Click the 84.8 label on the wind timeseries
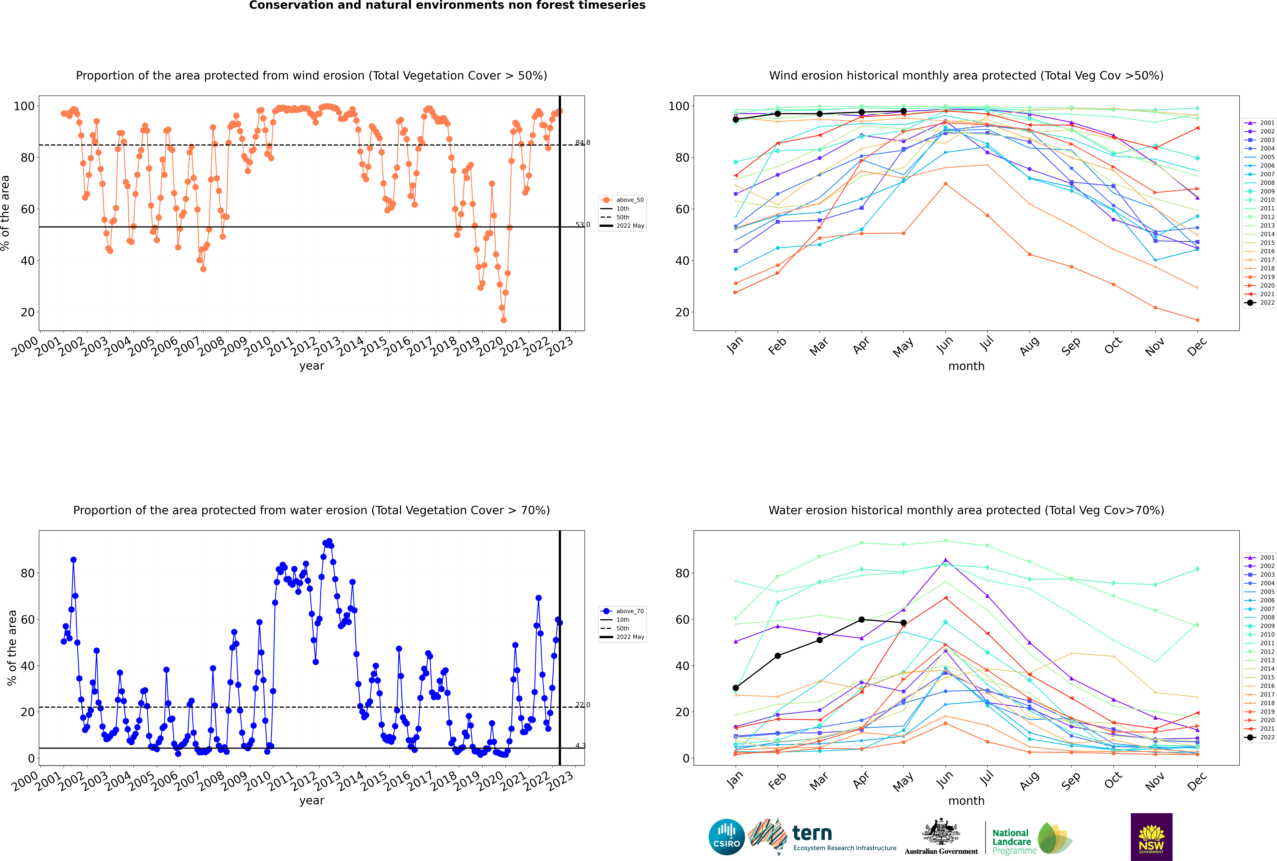582,143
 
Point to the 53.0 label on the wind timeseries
582,225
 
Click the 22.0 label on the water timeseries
582,705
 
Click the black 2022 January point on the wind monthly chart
736,119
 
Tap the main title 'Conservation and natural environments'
447,5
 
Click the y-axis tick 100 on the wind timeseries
24,106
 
